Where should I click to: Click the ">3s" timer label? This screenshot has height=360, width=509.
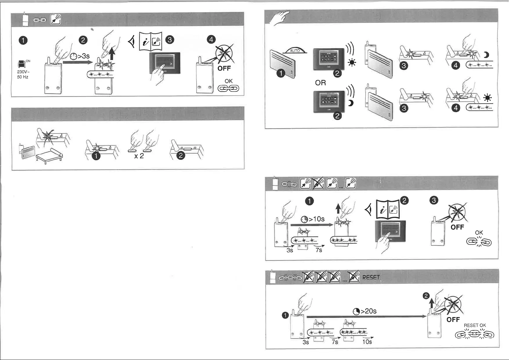84,57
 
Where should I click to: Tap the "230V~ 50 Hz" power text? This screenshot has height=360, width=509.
23,74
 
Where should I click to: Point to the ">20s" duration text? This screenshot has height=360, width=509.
368,311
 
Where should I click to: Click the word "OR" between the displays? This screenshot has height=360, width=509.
320,83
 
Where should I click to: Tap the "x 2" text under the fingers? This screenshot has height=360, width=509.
139,156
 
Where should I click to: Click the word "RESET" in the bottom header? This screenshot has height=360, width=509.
371,277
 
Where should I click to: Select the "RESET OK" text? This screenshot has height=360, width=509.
475,326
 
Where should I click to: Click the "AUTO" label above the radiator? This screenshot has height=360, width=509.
295,50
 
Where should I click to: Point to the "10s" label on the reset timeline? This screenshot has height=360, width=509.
367,342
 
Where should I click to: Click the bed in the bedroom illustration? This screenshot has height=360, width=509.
49,155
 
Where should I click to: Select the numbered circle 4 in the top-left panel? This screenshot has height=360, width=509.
211,40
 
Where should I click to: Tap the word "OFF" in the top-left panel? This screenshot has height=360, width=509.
224,68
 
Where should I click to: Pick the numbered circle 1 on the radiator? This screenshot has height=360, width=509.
281,73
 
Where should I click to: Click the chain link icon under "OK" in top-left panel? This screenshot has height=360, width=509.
229,88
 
